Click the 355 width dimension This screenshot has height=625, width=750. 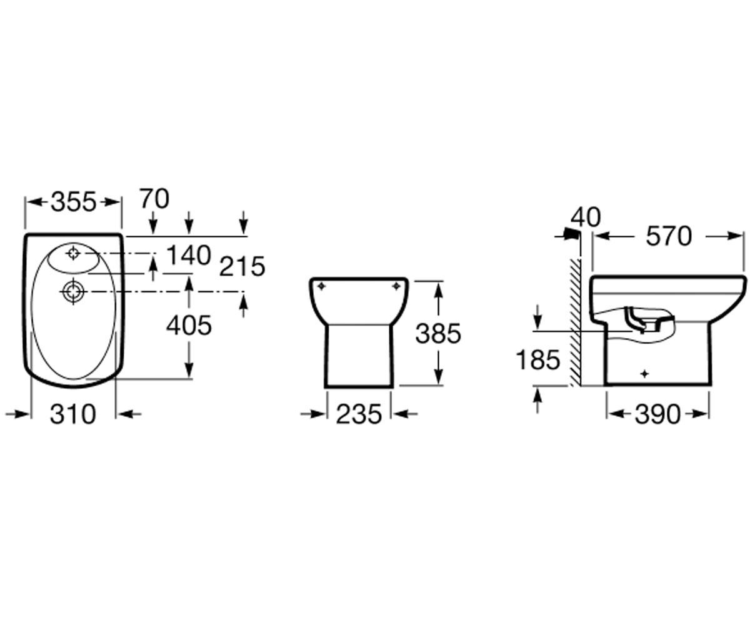click(x=74, y=202)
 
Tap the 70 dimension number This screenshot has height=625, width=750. click(x=154, y=199)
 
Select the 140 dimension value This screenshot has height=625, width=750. click(x=189, y=255)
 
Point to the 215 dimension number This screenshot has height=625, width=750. click(x=242, y=266)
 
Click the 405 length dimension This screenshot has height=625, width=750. click(x=189, y=326)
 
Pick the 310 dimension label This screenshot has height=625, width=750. click(x=73, y=414)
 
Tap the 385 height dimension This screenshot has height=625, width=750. click(x=438, y=333)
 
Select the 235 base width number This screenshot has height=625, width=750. click(x=359, y=414)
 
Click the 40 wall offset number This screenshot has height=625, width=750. click(x=586, y=217)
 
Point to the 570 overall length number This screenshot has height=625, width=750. click(x=669, y=237)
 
